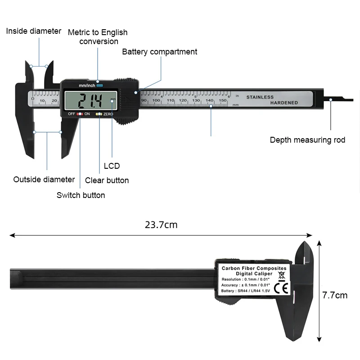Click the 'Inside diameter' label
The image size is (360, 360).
(33, 31)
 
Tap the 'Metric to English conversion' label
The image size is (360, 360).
(98, 37)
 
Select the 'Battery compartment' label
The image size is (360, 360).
(159, 52)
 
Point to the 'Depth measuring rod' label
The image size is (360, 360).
(307, 140)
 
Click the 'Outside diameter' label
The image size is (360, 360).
(44, 180)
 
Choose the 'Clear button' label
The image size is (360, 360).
(107, 180)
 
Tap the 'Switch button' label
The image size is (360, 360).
(81, 195)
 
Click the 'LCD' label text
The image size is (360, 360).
(112, 166)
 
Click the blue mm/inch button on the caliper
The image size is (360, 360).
(99, 85)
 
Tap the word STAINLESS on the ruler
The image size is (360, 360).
(260, 97)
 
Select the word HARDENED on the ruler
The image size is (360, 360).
(284, 103)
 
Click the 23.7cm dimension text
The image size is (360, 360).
(161, 225)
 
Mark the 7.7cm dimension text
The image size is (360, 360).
(335, 296)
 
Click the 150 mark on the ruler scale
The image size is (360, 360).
(223, 100)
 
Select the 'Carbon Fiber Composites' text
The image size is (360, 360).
(254, 268)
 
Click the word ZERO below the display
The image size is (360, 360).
(108, 114)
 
